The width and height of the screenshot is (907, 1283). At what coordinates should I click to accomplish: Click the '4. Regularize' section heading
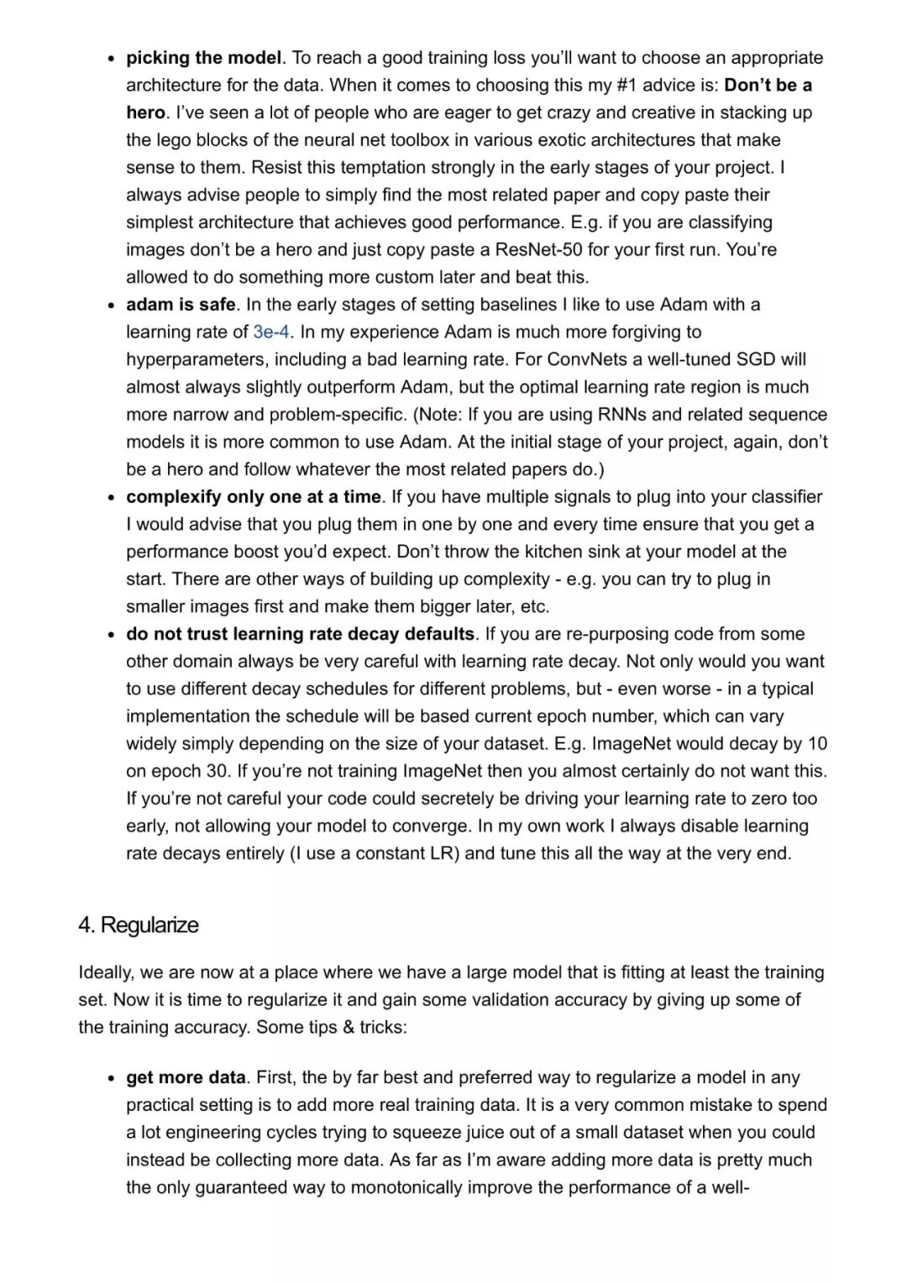point(139,925)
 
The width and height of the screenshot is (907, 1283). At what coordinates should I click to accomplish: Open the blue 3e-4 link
point(271,332)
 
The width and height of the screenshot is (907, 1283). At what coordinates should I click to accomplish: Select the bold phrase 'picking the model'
point(203,58)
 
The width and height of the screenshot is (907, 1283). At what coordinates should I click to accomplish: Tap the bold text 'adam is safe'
point(181,304)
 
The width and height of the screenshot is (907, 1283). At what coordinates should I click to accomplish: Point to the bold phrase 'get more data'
point(186,1077)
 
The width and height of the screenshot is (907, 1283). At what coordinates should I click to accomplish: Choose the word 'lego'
point(172,139)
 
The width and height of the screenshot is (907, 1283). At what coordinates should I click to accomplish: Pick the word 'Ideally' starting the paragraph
point(106,972)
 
